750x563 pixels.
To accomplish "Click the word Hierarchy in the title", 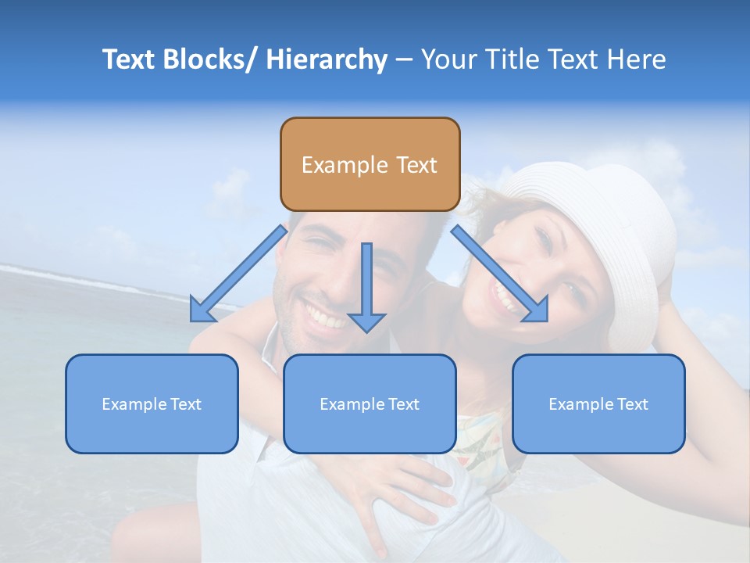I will tap(326, 59).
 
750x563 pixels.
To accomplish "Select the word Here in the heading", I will tap(636, 59).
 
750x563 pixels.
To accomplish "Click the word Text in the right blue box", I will tap(632, 404).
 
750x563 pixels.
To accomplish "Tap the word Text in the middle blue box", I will tap(403, 404).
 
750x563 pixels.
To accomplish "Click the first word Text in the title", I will tap(130, 59).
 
